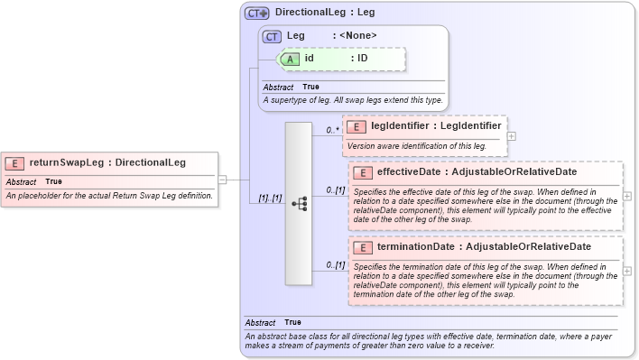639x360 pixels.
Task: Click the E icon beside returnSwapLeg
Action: pyautogui.click(x=15, y=163)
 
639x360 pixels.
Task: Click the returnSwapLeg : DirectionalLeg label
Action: pyautogui.click(x=107, y=163)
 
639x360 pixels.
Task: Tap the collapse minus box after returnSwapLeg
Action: pyautogui.click(x=222, y=180)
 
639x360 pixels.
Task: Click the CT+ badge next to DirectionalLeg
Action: pyautogui.click(x=257, y=14)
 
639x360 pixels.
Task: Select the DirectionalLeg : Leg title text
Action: pyautogui.click(x=325, y=14)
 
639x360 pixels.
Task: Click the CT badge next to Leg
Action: pyautogui.click(x=272, y=36)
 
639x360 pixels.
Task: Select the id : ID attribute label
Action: pyautogui.click(x=336, y=58)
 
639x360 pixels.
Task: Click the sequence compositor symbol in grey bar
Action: pyautogui.click(x=299, y=204)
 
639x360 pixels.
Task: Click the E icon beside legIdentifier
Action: pyautogui.click(x=357, y=127)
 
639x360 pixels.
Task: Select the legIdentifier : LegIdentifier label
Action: pyautogui.click(x=436, y=127)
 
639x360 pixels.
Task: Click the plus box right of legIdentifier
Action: pyautogui.click(x=512, y=135)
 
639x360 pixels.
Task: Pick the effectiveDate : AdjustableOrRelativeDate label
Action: pyautogui.click(x=477, y=172)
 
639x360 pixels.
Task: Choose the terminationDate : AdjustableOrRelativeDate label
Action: pyautogui.click(x=484, y=247)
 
